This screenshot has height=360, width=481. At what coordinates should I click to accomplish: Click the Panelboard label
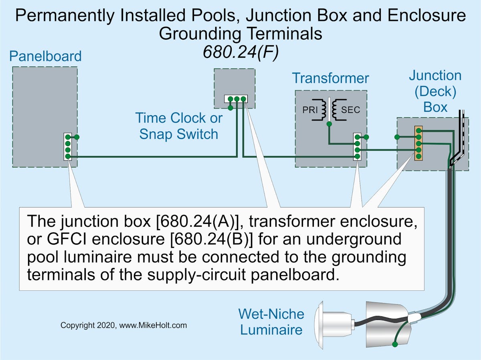point(45,56)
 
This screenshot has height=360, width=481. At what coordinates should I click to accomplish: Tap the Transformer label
point(330,78)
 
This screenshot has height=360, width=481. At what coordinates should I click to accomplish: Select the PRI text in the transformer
point(310,109)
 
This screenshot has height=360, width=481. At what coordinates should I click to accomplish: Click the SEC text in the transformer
point(350,109)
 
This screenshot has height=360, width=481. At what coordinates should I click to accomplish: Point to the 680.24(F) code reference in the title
point(240,52)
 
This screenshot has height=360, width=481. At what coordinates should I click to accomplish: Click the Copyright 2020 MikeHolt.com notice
point(123,325)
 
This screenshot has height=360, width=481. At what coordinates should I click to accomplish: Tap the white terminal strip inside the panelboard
point(68,147)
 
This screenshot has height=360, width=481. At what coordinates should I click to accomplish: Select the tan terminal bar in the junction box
point(418,143)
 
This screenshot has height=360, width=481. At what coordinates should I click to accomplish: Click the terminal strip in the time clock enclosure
point(236,99)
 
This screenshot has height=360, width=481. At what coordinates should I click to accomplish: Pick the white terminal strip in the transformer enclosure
point(357,147)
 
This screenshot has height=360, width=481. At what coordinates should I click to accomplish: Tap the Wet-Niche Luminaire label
point(271,322)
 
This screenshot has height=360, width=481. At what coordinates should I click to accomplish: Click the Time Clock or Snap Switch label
point(179,126)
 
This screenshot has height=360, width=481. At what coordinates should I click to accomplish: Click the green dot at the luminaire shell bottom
point(395,344)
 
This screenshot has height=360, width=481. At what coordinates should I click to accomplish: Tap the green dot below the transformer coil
point(329,124)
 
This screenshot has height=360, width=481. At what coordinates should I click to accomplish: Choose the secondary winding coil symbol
point(335,109)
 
